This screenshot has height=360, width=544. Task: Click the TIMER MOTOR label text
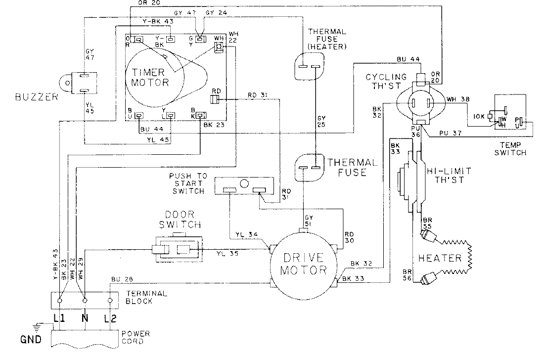tap(150, 77)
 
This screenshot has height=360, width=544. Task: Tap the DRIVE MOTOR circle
tap(304, 264)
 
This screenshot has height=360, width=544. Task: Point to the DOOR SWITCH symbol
tap(178, 250)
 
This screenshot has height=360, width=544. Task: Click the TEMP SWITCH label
tap(509, 149)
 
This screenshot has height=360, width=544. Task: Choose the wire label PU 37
tap(448, 133)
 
